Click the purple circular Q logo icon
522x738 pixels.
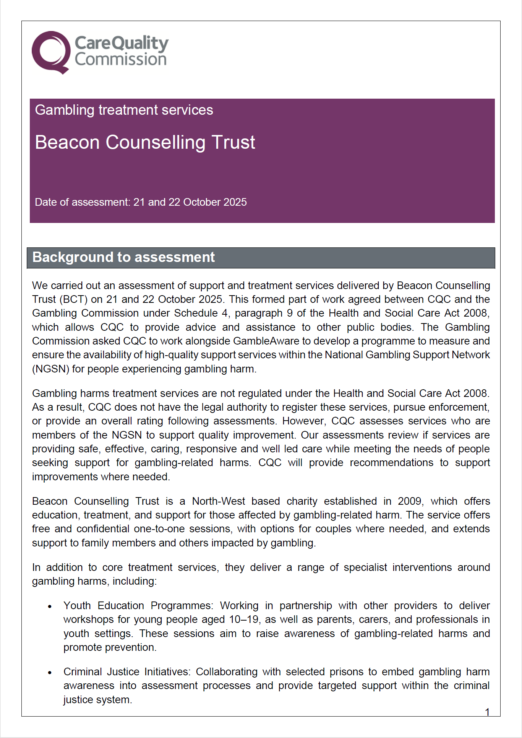(x=51, y=52)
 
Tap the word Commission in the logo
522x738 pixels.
(x=121, y=60)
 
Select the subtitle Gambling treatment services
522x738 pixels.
(x=124, y=110)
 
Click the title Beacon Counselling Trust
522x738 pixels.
(x=145, y=142)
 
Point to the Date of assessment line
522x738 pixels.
(x=141, y=202)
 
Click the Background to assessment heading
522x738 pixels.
(x=123, y=257)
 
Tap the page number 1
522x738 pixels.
(x=487, y=712)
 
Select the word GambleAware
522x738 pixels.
(x=266, y=341)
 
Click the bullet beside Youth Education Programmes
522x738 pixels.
(x=50, y=606)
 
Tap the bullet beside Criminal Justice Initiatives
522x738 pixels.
(x=50, y=673)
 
